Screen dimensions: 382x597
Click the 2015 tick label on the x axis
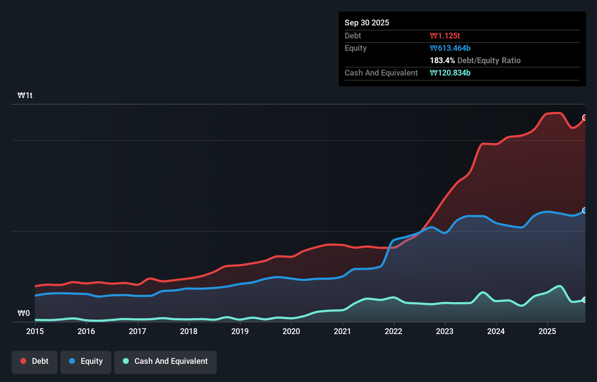pos(35,331)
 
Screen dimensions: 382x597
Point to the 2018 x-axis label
pos(189,331)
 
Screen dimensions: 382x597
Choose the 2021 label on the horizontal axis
pos(342,331)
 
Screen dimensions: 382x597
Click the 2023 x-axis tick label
pos(445,331)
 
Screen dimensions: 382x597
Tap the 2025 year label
pos(547,331)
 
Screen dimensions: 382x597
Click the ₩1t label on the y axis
pos(25,95)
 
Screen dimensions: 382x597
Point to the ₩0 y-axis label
pos(24,313)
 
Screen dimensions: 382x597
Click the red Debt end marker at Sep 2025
pos(585,117)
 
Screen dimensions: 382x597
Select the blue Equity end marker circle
pos(585,210)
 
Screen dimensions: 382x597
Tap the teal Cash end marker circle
pos(585,300)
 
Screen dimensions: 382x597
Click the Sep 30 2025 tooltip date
pos(367,23)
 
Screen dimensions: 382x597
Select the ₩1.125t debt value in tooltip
pos(445,36)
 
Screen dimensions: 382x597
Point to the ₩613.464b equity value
pos(450,48)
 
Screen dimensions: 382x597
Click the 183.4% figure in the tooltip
pos(442,60)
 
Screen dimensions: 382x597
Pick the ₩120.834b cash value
pos(450,73)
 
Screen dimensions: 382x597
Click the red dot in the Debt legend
pos(23,361)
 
